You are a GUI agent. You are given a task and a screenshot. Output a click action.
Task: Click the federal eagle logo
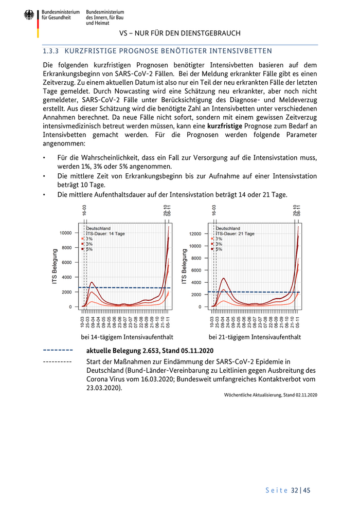coord(29,16)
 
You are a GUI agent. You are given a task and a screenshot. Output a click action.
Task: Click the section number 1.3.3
coord(51,51)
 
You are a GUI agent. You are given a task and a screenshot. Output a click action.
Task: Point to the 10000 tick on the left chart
coord(65,233)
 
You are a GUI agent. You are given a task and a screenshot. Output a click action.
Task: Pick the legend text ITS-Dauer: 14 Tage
coord(105,233)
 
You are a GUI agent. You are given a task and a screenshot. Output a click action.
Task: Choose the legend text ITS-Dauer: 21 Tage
coord(235,233)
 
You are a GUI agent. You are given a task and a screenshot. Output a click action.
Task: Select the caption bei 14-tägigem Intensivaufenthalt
coord(127,337)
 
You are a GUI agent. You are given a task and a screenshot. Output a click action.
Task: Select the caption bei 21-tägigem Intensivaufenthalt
coord(255,337)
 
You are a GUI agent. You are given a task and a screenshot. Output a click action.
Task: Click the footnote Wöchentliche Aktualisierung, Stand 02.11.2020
coord(271,395)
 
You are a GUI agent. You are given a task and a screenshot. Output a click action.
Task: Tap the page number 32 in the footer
coord(294,490)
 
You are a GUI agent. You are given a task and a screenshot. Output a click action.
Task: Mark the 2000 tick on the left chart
coord(67,292)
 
